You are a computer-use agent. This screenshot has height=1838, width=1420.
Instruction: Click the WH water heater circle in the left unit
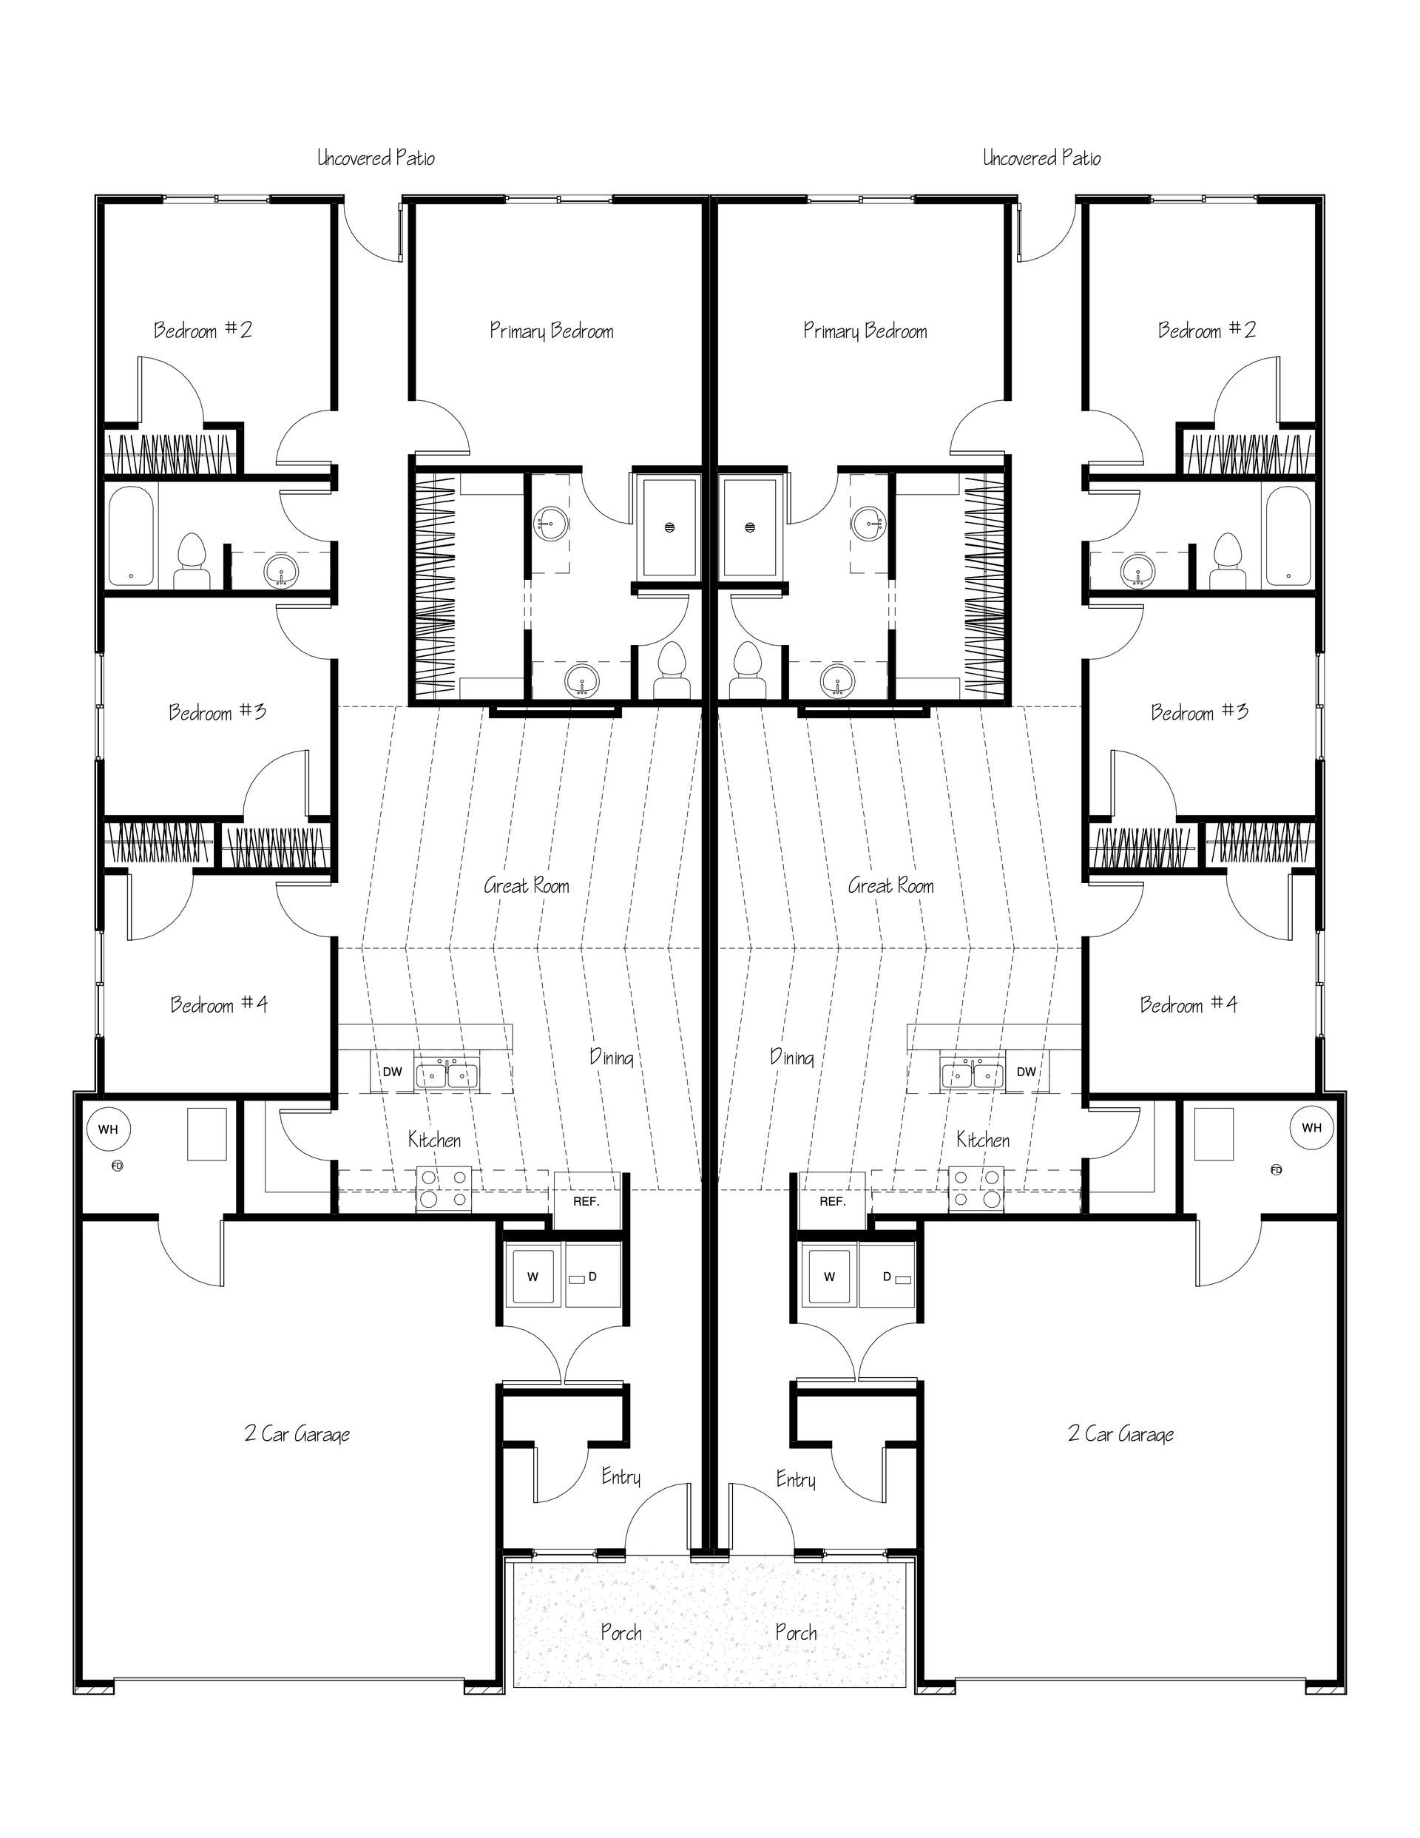click(x=108, y=1129)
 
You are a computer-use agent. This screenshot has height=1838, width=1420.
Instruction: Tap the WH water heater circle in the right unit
click(x=1311, y=1128)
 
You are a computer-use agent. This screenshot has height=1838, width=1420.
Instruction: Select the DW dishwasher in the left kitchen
click(x=392, y=1072)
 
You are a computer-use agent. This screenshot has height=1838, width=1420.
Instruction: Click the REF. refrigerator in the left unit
click(x=586, y=1201)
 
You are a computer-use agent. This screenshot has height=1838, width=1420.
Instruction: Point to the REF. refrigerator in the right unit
click(x=833, y=1201)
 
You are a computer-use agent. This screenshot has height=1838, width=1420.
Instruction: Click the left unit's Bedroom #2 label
click(x=203, y=330)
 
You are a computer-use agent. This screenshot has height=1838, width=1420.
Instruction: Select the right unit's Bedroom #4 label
click(x=1189, y=1004)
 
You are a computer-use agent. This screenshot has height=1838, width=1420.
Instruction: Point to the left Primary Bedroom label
click(x=552, y=331)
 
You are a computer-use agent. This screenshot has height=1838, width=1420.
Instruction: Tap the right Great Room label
click(x=890, y=885)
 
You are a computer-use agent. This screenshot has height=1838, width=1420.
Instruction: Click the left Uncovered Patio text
click(x=376, y=158)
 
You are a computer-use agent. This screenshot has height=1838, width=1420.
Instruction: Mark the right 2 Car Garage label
click(x=1120, y=1433)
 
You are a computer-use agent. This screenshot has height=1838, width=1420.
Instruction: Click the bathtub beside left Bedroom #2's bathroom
click(x=132, y=535)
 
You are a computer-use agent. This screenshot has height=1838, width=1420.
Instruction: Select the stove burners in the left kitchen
click(x=443, y=1189)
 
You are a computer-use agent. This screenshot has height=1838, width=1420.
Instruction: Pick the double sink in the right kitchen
click(x=973, y=1075)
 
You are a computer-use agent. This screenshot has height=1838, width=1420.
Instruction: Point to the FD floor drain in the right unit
click(x=1276, y=1170)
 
